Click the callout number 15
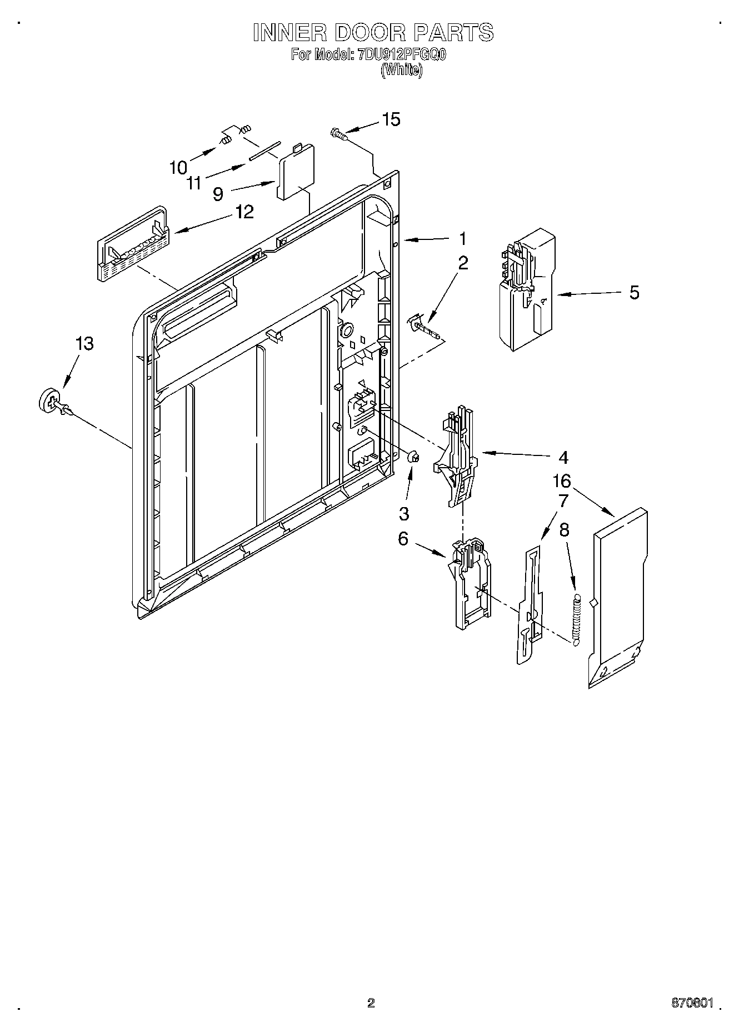click(391, 119)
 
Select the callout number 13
click(84, 344)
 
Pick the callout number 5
click(634, 292)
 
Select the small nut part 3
click(413, 457)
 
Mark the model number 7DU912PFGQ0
click(402, 55)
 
